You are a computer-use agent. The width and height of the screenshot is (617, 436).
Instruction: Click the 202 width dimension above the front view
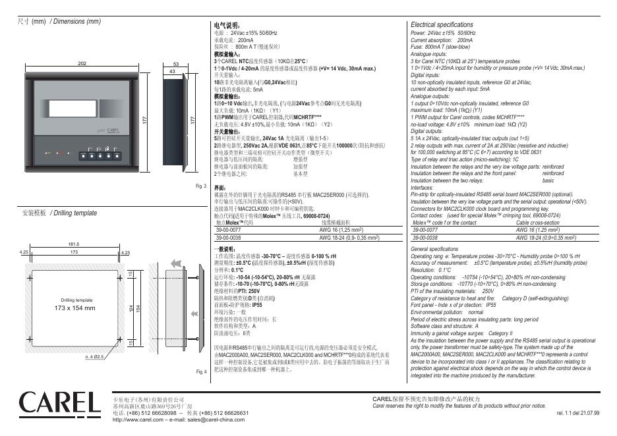coord(82,63)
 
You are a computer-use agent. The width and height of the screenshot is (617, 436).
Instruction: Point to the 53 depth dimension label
coord(176,63)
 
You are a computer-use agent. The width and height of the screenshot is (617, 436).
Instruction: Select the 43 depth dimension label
coord(172,70)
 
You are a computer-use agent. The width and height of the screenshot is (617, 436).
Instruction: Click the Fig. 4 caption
coord(201,372)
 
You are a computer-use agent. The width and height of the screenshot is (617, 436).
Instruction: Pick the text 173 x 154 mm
coord(74,308)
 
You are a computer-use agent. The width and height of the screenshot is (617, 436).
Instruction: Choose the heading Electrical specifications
coord(442,24)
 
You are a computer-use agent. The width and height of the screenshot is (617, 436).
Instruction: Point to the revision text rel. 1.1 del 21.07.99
coord(578,413)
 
